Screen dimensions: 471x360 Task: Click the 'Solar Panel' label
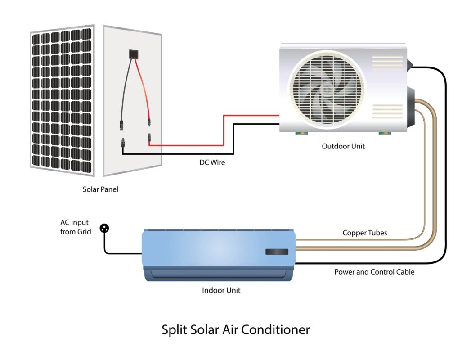[x=100, y=189]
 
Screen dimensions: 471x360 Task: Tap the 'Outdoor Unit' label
[x=343, y=146]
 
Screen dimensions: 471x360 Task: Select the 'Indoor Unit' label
[x=221, y=290]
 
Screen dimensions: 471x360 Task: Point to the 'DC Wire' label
[x=212, y=162]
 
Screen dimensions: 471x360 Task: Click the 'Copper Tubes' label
[x=365, y=233]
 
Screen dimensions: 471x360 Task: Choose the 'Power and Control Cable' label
[x=374, y=272]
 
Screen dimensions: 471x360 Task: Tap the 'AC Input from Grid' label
[x=76, y=227]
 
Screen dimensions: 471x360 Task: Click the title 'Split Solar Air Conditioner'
[x=236, y=330]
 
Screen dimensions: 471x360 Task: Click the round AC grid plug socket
[x=104, y=228]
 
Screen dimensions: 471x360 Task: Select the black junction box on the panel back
[x=134, y=54]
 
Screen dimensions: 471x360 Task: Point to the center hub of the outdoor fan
[x=326, y=89]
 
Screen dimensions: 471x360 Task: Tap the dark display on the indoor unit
[x=277, y=252]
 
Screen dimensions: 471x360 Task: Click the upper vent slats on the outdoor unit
[x=387, y=63]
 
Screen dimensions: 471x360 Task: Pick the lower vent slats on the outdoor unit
[x=387, y=112]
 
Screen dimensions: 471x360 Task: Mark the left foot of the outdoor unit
[x=301, y=133]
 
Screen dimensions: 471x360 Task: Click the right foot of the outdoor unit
[x=385, y=133]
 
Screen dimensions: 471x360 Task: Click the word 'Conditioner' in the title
[x=275, y=330]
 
